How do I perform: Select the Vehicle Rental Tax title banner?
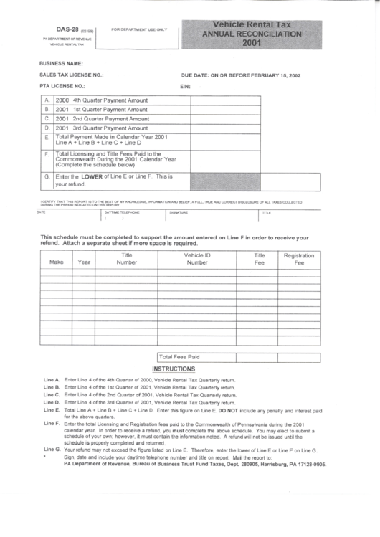pyautogui.click(x=251, y=33)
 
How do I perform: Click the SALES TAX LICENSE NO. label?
pyautogui.click(x=72, y=74)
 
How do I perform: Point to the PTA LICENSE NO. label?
pyautogui.click(x=63, y=85)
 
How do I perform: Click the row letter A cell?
pyautogui.click(x=47, y=100)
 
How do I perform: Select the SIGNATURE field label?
pyautogui.click(x=179, y=213)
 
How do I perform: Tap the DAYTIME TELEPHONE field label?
pyautogui.click(x=122, y=213)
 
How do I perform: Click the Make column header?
pyautogui.click(x=57, y=262)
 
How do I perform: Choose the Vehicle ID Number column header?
pyautogui.click(x=197, y=258)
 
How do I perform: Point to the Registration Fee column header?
pyautogui.click(x=299, y=259)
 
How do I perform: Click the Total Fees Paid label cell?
pyautogui.click(x=179, y=356)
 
